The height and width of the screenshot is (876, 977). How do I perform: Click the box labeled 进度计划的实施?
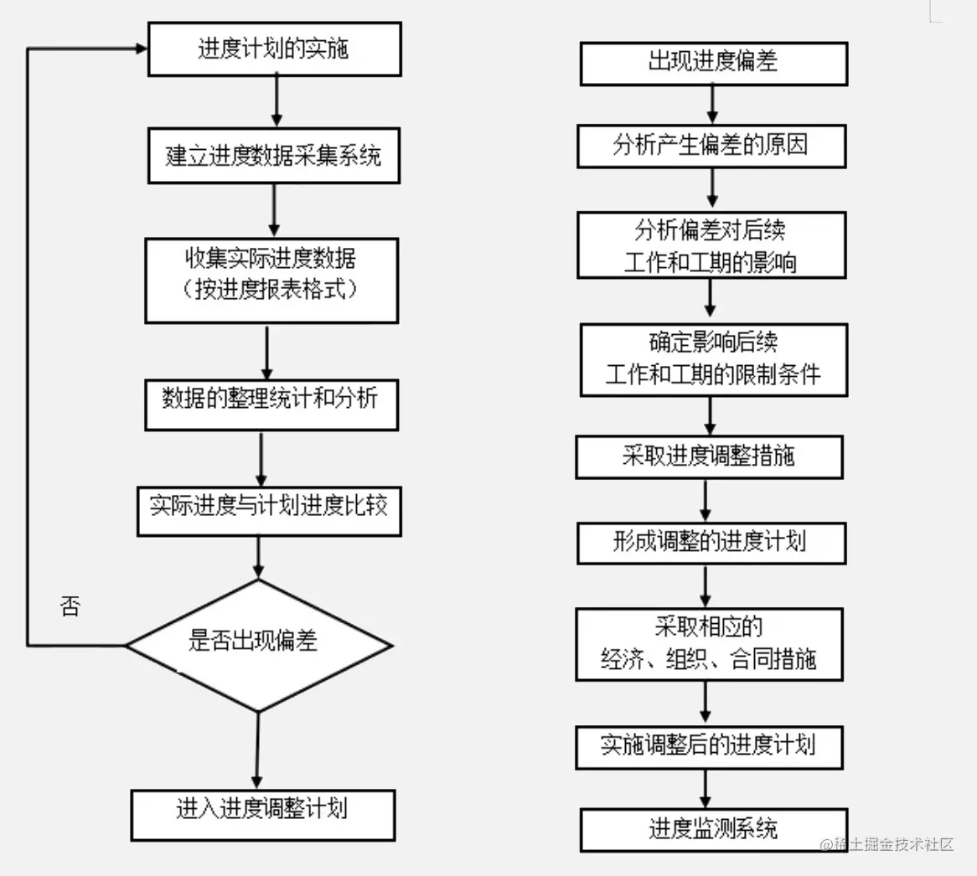274,49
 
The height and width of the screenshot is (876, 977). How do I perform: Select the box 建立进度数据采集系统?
274,156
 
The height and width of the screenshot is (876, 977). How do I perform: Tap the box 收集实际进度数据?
271,280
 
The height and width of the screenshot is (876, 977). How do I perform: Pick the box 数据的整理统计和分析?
271,405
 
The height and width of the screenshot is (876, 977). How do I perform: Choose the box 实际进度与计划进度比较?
269,511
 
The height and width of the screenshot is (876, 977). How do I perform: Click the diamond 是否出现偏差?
258,645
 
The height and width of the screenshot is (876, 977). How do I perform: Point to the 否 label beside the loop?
70,606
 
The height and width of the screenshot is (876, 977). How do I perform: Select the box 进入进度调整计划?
262,814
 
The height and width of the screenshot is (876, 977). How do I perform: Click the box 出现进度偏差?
713,64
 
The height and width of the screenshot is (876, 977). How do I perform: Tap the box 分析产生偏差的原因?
711,146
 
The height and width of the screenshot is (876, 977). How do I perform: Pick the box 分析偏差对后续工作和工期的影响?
711,245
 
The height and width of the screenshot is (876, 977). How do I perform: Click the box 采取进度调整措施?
709,456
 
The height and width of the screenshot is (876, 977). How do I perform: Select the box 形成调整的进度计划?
711,543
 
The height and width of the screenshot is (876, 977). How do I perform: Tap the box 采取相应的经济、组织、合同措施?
709,643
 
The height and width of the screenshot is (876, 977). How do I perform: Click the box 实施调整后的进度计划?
709,747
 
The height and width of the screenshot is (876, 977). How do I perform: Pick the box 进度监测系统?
713,829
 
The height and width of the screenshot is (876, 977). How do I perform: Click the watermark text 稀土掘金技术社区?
890,844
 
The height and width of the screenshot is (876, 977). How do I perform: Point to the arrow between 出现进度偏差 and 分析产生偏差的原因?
712,105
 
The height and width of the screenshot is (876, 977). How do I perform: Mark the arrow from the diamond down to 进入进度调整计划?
257,750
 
